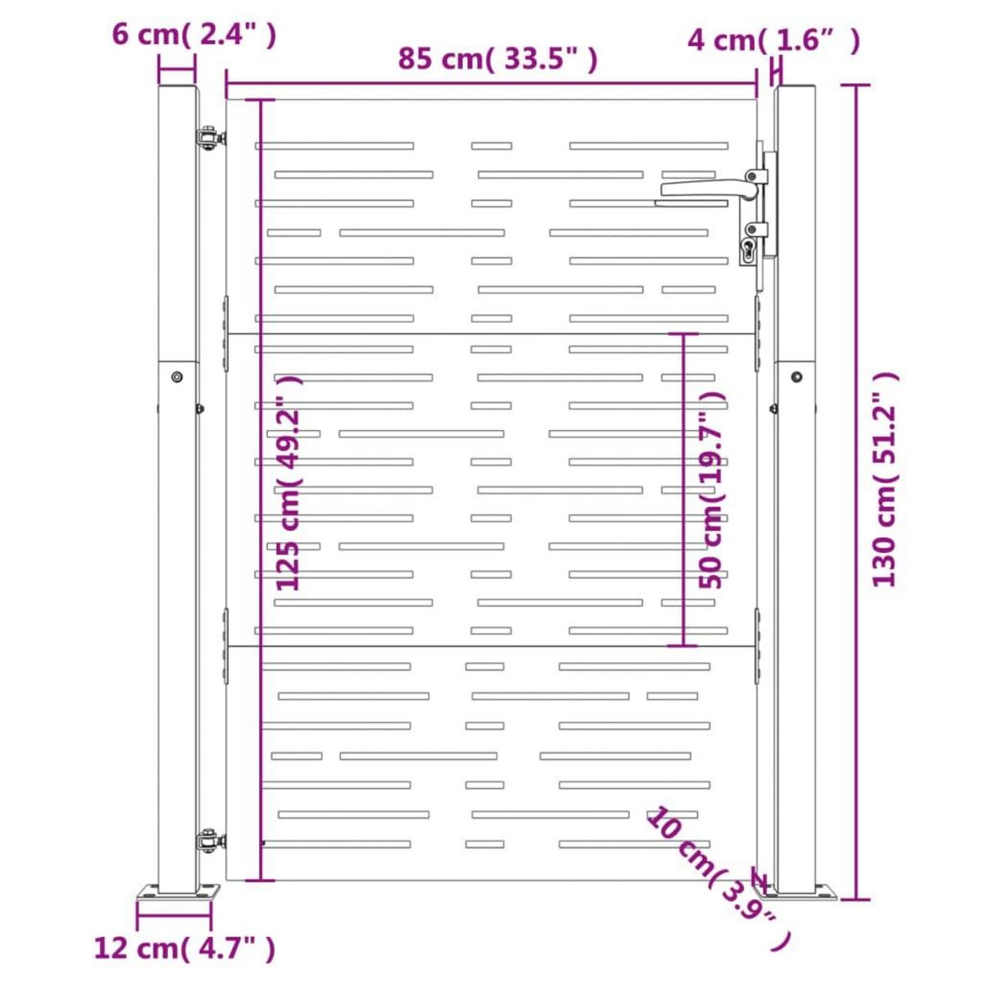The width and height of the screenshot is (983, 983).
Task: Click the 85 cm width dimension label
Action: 497,60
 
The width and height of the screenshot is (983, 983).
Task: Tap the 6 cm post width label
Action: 194,35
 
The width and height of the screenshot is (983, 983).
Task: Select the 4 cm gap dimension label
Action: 774,41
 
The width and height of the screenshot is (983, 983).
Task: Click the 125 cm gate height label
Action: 289,482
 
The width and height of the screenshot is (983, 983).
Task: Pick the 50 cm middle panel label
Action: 712,490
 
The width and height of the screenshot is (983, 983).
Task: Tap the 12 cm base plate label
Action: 185,949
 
